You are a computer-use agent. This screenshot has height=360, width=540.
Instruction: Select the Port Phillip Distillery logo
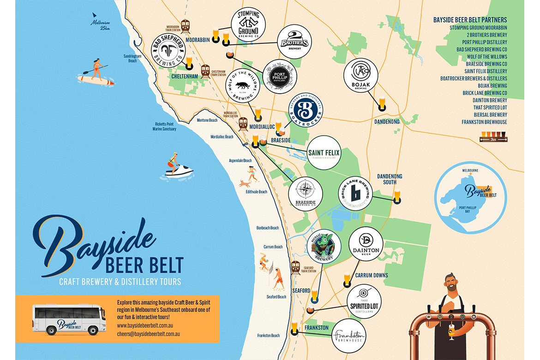(280, 77)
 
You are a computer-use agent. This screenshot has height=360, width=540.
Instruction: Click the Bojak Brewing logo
(361, 76)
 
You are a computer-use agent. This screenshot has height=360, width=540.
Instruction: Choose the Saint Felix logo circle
(324, 153)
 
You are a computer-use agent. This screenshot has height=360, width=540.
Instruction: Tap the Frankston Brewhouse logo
(349, 336)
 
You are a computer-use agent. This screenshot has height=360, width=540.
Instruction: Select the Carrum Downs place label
(372, 276)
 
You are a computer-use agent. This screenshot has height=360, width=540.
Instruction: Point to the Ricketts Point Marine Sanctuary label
(164, 126)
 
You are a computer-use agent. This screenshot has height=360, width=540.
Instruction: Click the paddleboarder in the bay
(96, 73)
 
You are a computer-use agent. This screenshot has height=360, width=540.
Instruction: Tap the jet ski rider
(179, 166)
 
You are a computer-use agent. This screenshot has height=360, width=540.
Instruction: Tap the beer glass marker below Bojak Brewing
(382, 104)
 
